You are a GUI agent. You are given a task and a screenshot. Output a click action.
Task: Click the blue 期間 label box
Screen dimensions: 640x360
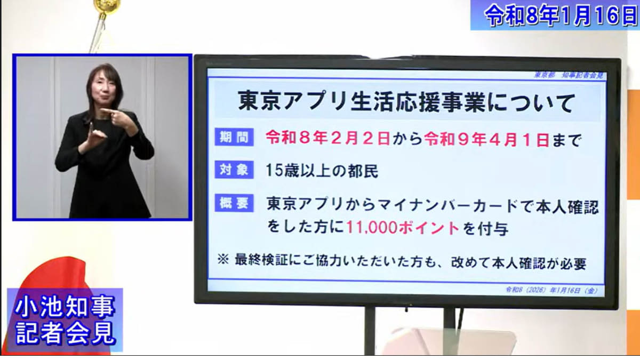(x=234, y=138)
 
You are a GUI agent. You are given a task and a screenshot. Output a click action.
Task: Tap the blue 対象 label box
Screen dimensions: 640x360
(x=234, y=170)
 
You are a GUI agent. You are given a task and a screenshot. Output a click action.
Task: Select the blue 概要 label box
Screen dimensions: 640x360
(x=234, y=203)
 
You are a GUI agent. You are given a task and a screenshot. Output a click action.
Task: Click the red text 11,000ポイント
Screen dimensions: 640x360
(x=403, y=228)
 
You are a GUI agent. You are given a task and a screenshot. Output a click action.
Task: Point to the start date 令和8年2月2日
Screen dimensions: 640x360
(x=327, y=139)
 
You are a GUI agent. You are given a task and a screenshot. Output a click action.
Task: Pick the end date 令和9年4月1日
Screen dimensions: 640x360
(x=486, y=140)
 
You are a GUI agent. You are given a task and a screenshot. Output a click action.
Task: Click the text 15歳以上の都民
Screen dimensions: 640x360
(x=322, y=171)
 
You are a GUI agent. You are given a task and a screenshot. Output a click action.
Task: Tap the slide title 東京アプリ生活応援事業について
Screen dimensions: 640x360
(x=406, y=102)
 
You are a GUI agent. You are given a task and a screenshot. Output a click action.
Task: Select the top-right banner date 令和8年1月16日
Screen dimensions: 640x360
(x=562, y=14)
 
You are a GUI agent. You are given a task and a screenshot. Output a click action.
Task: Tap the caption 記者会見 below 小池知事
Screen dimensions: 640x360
(x=66, y=333)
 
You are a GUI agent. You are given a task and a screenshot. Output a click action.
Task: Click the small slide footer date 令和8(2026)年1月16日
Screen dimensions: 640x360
(x=551, y=291)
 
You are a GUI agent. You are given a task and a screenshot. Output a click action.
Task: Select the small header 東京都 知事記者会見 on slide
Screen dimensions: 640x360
(x=569, y=75)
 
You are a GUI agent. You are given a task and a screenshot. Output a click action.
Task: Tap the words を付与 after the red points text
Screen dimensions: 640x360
(x=485, y=229)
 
